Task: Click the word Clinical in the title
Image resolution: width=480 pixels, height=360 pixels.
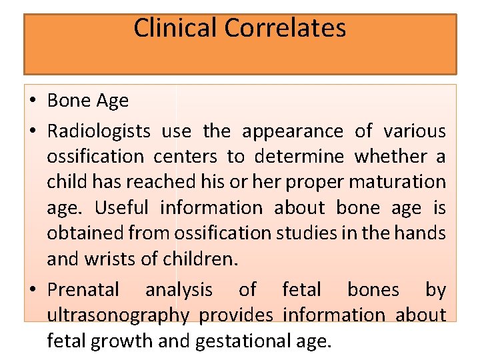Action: pyautogui.click(x=175, y=28)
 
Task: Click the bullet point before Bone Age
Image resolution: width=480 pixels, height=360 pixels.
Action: pyautogui.click(x=33, y=101)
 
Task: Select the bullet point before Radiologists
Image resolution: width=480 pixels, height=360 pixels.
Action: pyautogui.click(x=33, y=131)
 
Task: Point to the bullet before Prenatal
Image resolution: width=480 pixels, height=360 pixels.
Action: pyautogui.click(x=33, y=290)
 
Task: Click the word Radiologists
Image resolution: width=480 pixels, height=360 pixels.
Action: pyautogui.click(x=99, y=131)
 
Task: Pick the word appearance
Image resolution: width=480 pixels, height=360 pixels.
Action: pyautogui.click(x=293, y=131)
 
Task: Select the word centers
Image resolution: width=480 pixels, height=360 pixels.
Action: pyautogui.click(x=185, y=157)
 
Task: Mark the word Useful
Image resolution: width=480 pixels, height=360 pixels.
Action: pyautogui.click(x=121, y=207)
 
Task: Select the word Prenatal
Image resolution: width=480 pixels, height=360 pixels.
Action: pyautogui.click(x=83, y=290)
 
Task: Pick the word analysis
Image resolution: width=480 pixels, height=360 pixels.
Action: pyautogui.click(x=179, y=290)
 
